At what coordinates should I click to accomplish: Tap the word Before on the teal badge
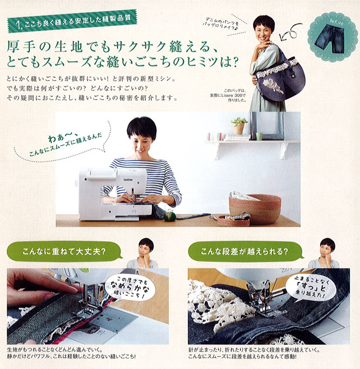(x=336, y=22)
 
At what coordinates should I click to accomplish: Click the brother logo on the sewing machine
(x=128, y=179)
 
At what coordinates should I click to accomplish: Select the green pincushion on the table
(x=170, y=216)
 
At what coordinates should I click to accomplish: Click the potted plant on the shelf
(x=239, y=126)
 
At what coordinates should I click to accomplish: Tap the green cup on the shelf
(x=259, y=137)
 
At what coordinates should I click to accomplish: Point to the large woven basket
(x=255, y=209)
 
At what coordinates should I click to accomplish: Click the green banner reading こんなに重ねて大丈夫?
(x=64, y=251)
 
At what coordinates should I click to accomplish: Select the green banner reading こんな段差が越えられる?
(x=245, y=251)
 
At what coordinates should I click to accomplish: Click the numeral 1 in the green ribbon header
(x=18, y=25)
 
